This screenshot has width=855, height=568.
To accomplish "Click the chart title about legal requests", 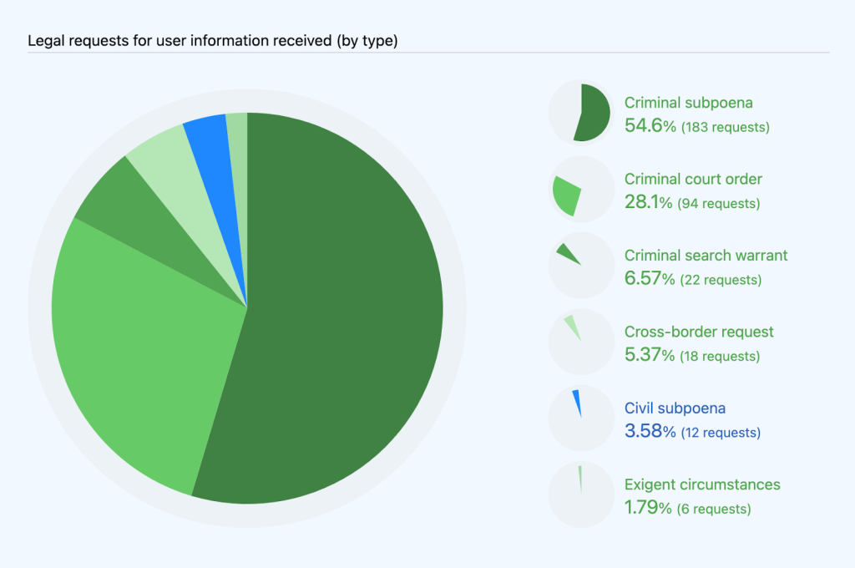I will pyautogui.click(x=212, y=41).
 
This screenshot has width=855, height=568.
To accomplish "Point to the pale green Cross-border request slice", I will pyautogui.click(x=163, y=159).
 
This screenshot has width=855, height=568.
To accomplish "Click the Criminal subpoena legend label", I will pyautogui.click(x=689, y=104).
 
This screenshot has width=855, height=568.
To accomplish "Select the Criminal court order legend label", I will pyautogui.click(x=693, y=180).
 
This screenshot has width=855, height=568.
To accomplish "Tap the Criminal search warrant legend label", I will pyautogui.click(x=706, y=256).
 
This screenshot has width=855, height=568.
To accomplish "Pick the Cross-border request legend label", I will pyautogui.click(x=699, y=332).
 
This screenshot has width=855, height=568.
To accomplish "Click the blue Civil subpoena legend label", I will pyautogui.click(x=675, y=408).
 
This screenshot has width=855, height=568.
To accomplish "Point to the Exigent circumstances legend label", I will pyautogui.click(x=702, y=484).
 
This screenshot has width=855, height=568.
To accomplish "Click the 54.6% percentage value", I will pyautogui.click(x=650, y=127).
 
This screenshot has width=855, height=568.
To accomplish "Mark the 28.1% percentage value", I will pyautogui.click(x=649, y=203).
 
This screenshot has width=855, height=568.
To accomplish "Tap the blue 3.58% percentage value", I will pyautogui.click(x=650, y=432).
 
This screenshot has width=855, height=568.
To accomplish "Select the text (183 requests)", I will pyautogui.click(x=725, y=128).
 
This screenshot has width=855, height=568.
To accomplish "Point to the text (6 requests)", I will pyautogui.click(x=715, y=509).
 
